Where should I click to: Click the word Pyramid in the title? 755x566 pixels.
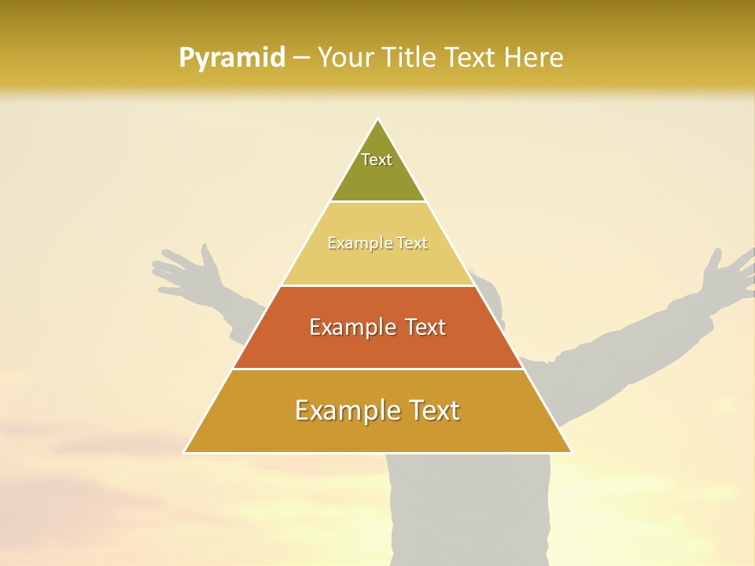pos(232,58)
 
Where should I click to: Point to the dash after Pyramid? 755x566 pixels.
pos(300,58)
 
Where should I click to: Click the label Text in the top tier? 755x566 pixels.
pos(377,160)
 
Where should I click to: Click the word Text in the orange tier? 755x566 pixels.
pos(422,327)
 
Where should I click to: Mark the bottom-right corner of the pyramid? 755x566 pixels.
pos(570,452)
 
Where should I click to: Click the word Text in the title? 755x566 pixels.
pos(472,57)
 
